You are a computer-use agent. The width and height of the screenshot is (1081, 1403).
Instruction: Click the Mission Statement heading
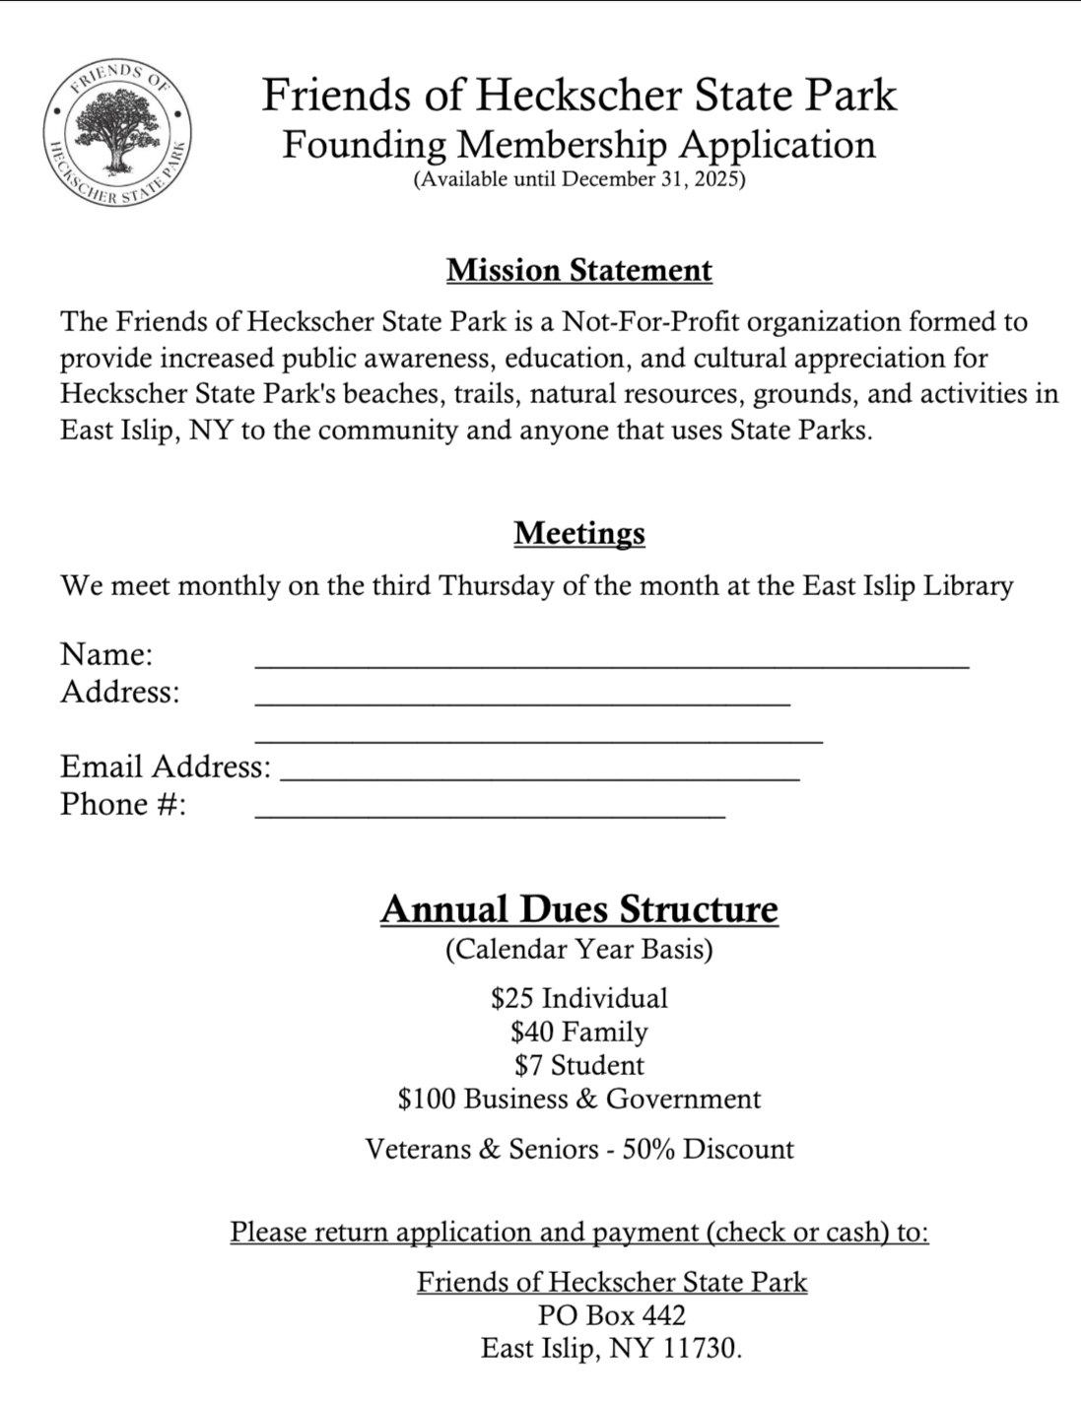pyautogui.click(x=578, y=270)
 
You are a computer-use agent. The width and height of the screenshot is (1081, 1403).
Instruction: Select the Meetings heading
pyautogui.click(x=578, y=533)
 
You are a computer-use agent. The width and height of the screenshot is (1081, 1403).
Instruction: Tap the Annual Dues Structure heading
pyautogui.click(x=578, y=908)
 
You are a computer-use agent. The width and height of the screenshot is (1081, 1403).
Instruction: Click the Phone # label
pyautogui.click(x=123, y=804)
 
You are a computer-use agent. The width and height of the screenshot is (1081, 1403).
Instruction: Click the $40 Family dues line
pyautogui.click(x=578, y=1032)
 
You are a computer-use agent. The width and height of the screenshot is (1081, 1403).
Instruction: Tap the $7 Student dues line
pyautogui.click(x=578, y=1065)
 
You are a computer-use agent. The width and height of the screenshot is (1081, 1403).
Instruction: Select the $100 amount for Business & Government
pyautogui.click(x=427, y=1099)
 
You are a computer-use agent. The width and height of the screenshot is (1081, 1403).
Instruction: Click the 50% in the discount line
pyautogui.click(x=648, y=1149)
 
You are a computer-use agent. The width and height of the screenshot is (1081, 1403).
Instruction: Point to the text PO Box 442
pyautogui.click(x=611, y=1315)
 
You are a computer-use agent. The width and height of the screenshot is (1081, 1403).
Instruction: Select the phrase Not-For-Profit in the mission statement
pyautogui.click(x=650, y=322)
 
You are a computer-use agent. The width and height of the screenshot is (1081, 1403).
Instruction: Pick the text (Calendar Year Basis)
pyautogui.click(x=578, y=949)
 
